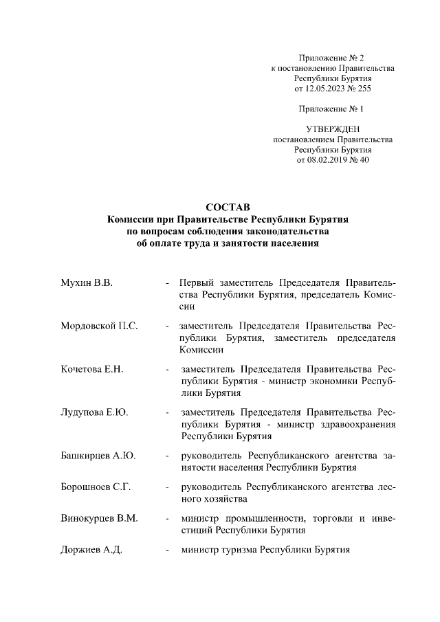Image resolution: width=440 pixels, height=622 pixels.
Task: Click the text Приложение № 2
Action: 333,56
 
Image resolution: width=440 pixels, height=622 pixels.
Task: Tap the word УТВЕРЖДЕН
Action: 333,129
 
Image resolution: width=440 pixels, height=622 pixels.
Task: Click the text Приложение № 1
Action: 333,109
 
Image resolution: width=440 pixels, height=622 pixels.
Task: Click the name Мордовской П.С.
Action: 99,326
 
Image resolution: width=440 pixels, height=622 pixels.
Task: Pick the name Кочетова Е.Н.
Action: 91,369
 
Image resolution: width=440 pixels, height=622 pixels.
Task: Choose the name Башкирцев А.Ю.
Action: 98,456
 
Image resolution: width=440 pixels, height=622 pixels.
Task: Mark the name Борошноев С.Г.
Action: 96,487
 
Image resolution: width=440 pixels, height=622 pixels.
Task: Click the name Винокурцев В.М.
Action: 98,518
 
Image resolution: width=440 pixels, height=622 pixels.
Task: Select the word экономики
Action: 334,380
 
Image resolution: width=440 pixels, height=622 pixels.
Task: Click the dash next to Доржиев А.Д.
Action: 167,551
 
